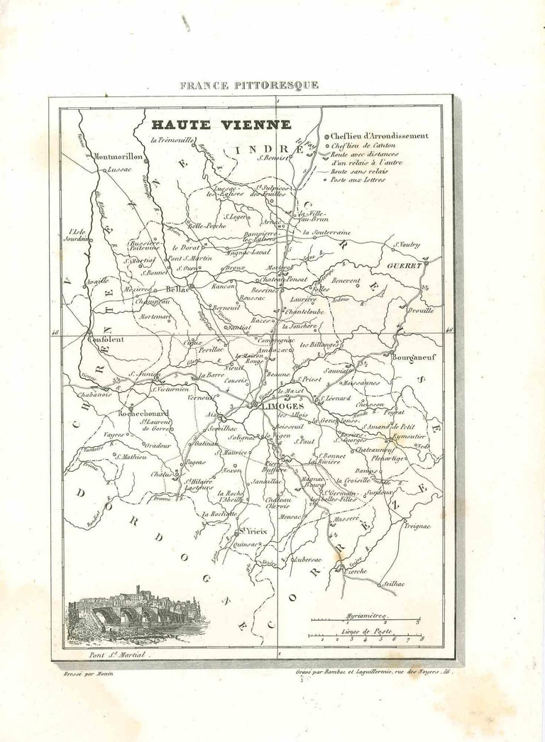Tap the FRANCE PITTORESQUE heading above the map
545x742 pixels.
point(249,85)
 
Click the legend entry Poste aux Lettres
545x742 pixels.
point(362,180)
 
